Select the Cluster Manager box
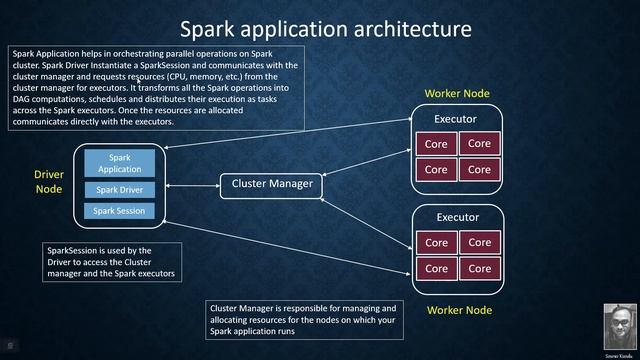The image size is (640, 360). [272, 184]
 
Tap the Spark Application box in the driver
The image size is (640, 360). [119, 163]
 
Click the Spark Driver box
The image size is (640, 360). [119, 190]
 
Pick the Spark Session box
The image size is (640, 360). [119, 211]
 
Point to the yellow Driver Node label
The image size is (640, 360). [48, 181]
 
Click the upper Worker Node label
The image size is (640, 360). [457, 94]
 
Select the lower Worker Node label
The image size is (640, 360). [459, 310]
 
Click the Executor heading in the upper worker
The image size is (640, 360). [456, 120]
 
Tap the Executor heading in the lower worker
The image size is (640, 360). [457, 217]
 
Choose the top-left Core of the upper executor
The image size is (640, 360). [436, 144]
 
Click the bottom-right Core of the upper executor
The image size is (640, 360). [479, 169]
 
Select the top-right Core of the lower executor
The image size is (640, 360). [479, 242]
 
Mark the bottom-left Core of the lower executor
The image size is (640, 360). [436, 268]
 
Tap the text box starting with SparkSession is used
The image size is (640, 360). [112, 262]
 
